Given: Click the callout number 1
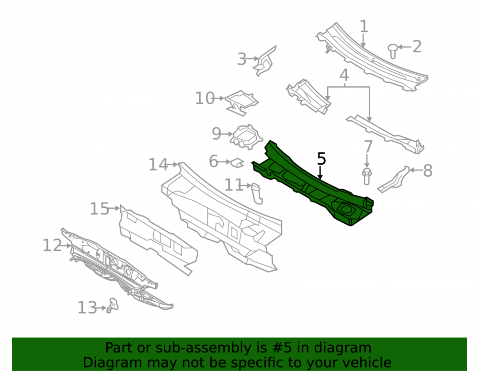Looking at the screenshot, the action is click(x=364, y=26).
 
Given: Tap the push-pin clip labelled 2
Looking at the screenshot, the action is click(x=393, y=51).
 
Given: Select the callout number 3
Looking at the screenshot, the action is click(x=241, y=59).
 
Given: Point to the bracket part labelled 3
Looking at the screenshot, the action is click(x=265, y=62).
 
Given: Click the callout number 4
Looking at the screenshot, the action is click(x=344, y=75).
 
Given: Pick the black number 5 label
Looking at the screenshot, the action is click(x=321, y=159).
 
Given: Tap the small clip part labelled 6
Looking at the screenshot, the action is click(x=237, y=163).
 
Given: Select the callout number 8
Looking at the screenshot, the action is click(x=428, y=170).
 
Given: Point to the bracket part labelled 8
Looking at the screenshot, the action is click(x=393, y=180).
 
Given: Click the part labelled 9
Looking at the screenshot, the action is click(x=246, y=137).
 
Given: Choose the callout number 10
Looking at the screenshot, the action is click(x=205, y=98).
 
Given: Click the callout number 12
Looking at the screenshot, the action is click(x=52, y=246).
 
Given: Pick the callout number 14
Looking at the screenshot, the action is click(x=158, y=165).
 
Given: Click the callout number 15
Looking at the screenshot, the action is click(x=99, y=209).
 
